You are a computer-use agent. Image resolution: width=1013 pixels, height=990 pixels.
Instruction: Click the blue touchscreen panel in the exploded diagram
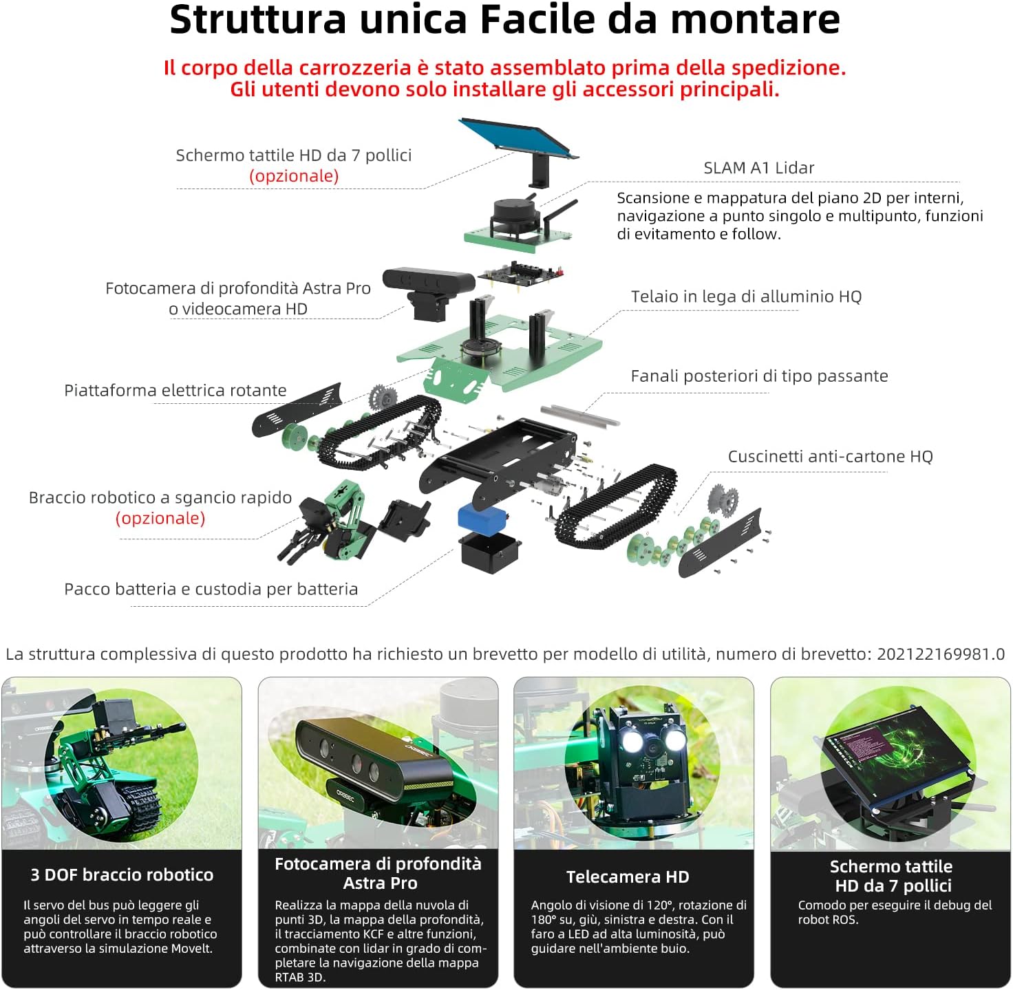click(518, 138)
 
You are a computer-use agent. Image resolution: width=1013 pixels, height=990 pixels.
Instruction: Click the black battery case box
click(489, 552)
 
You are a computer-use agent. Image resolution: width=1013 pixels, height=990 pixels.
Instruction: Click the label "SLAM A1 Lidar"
click(758, 168)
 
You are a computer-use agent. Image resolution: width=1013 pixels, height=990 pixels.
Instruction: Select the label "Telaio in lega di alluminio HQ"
click(746, 296)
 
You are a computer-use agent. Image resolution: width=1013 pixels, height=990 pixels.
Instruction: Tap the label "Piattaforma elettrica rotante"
click(175, 390)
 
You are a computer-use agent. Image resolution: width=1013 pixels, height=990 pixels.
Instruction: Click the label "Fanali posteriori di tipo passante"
click(759, 375)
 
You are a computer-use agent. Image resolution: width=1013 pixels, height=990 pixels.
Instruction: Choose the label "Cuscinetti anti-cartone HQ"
click(830, 456)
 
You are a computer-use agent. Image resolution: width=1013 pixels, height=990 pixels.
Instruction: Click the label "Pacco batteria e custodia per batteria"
click(211, 589)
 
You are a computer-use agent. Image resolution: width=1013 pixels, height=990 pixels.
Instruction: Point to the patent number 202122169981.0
click(941, 654)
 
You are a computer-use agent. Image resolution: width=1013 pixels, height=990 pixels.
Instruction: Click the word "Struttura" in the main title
click(257, 20)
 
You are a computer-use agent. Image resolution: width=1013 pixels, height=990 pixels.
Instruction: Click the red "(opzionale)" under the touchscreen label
click(294, 176)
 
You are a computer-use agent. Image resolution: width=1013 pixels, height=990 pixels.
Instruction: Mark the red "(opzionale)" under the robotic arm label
click(160, 518)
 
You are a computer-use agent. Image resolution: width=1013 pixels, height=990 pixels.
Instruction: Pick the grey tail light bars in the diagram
click(580, 415)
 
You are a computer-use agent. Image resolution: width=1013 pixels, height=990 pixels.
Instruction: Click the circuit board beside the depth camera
click(520, 275)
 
